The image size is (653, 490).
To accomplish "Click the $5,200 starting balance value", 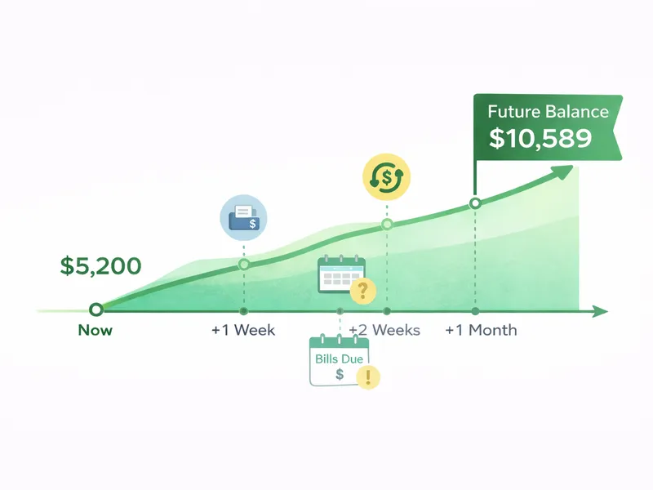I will [x=100, y=265].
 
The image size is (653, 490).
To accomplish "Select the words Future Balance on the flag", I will [x=548, y=112].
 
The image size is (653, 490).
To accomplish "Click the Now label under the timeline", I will [x=96, y=331].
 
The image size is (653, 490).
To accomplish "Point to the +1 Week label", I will [x=243, y=331].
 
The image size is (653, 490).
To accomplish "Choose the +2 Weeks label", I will [x=384, y=331].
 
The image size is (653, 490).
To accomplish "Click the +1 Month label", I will [x=481, y=331].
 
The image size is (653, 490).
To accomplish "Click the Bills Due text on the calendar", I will [x=339, y=359].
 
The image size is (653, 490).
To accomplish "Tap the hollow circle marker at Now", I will [x=96, y=310].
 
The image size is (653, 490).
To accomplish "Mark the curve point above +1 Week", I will [x=243, y=264].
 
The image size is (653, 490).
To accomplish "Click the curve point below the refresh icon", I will [x=387, y=224].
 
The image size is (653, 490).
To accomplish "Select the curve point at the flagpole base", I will [x=475, y=203].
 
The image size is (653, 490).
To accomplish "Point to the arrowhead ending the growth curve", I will [x=562, y=171].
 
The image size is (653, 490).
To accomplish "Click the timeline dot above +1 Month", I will [x=475, y=311].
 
